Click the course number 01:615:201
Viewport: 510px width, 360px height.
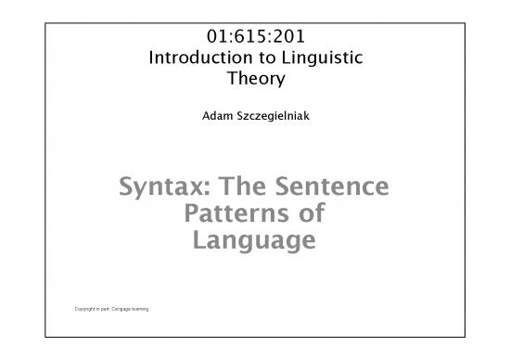point(254,38)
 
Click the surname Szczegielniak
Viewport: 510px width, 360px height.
point(273,118)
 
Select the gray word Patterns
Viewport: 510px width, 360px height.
point(233,215)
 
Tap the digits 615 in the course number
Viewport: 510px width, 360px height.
point(254,38)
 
